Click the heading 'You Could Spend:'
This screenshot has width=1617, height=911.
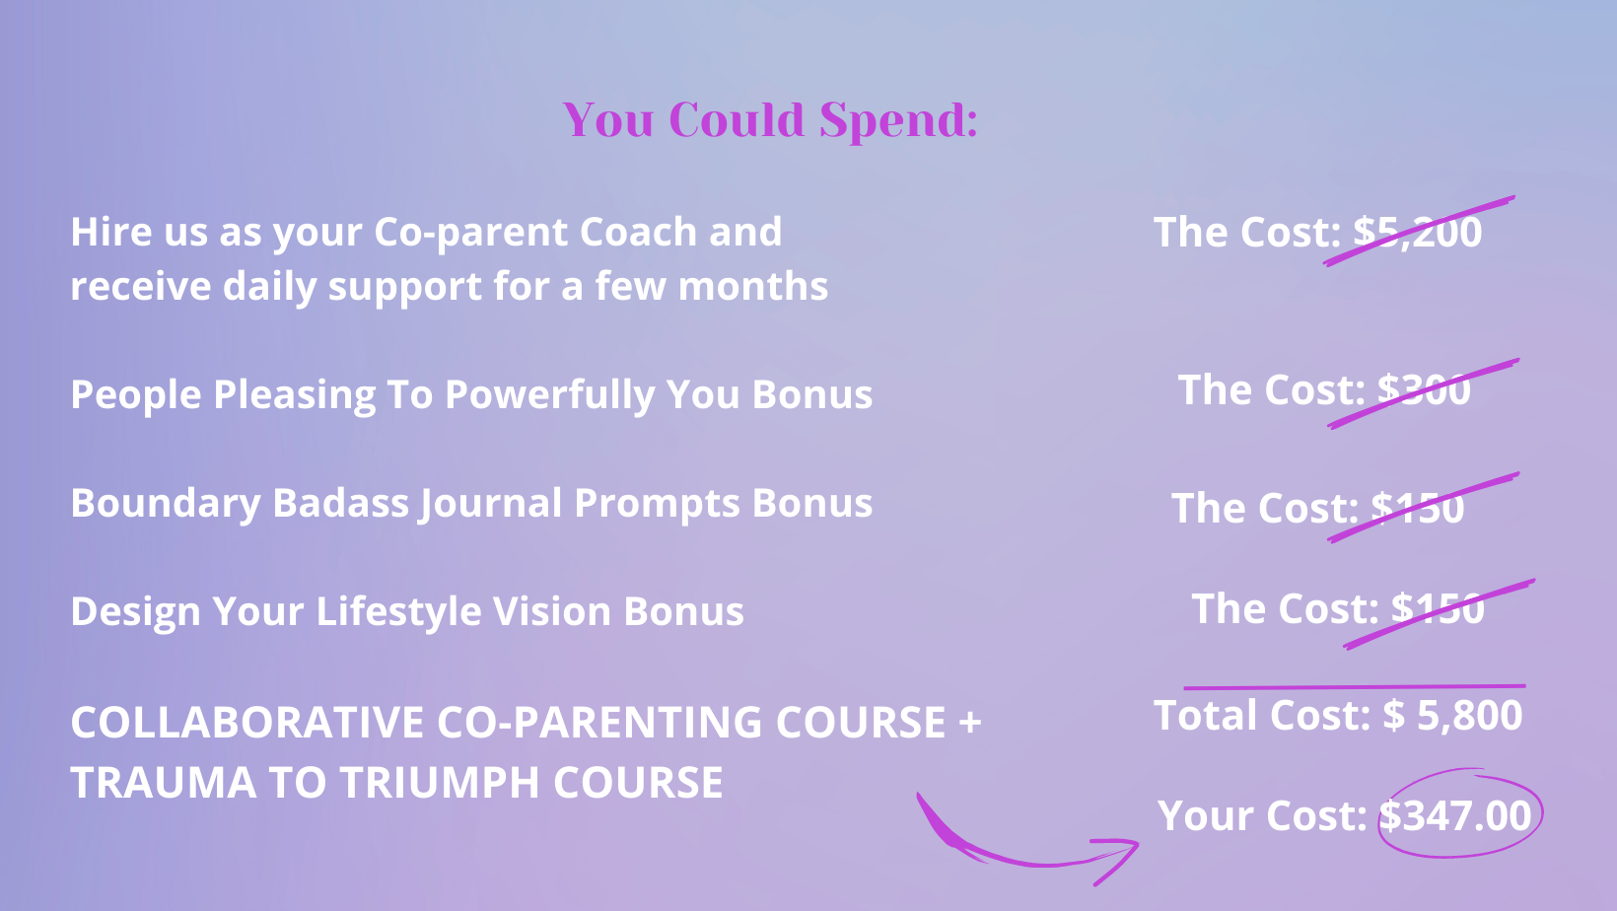coord(770,120)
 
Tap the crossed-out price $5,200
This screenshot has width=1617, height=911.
coord(1417,232)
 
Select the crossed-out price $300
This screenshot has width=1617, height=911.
coord(1424,389)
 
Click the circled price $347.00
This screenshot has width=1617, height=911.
coord(1454,815)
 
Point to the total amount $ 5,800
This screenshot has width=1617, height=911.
coord(1452,716)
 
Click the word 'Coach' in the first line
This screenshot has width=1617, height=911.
coord(638,232)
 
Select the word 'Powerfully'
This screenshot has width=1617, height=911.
coord(549,394)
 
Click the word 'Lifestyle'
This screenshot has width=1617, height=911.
coord(398,612)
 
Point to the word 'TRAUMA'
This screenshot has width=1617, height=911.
coord(163,783)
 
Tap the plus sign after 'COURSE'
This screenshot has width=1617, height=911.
coord(970,722)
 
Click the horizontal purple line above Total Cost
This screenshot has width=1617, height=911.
coord(1355,686)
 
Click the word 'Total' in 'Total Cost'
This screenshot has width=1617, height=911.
coord(1205,716)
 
